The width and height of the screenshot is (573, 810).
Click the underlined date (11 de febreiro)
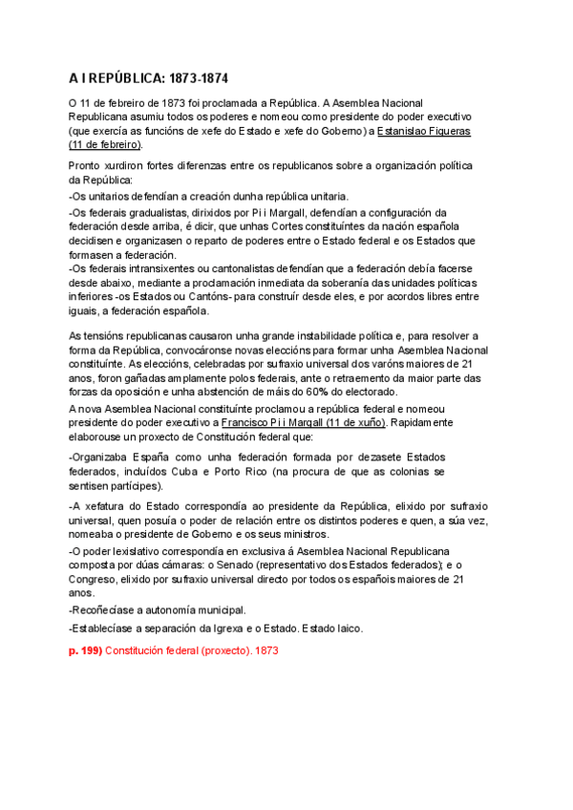pyautogui.click(x=104, y=144)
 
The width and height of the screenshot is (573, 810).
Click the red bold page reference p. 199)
pyautogui.click(x=84, y=650)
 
